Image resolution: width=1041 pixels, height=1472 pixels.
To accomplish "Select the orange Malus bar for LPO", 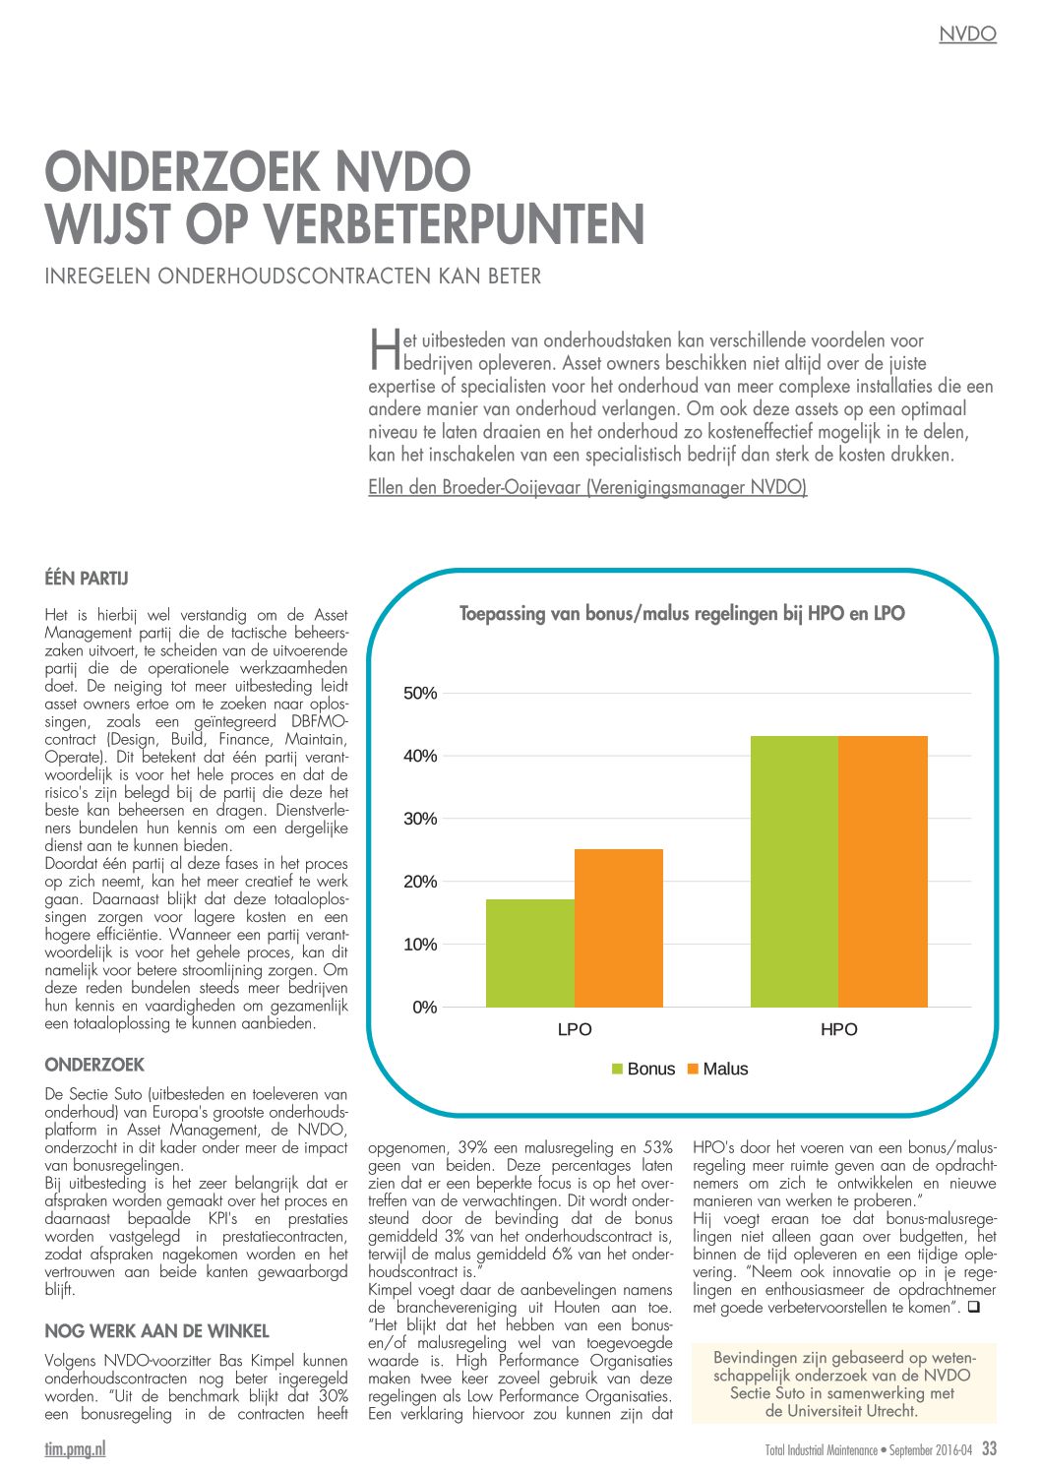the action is pyautogui.click(x=619, y=928).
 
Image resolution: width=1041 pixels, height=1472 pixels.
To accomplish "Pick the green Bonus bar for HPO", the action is pyautogui.click(x=795, y=872).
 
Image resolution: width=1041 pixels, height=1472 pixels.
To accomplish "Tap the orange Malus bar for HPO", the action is pyautogui.click(x=884, y=872).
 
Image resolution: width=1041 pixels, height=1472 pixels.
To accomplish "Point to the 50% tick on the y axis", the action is pyautogui.click(x=420, y=694).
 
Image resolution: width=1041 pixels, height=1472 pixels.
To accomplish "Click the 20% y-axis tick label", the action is pyautogui.click(x=420, y=882).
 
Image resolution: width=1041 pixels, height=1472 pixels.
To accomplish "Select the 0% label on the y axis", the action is pyautogui.click(x=424, y=1008).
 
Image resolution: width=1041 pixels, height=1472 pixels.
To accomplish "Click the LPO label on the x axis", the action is pyautogui.click(x=575, y=1030).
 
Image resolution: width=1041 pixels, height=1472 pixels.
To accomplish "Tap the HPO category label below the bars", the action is pyautogui.click(x=839, y=1030).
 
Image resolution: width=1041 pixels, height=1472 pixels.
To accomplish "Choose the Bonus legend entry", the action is pyautogui.click(x=643, y=1070).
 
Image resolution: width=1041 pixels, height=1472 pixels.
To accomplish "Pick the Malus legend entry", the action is pyautogui.click(x=717, y=1070).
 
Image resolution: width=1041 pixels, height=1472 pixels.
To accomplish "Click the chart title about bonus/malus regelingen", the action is pyautogui.click(x=682, y=614).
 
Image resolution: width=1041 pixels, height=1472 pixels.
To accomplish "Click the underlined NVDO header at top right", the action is pyautogui.click(x=967, y=34).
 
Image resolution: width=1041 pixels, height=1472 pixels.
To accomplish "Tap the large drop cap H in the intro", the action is pyautogui.click(x=385, y=349).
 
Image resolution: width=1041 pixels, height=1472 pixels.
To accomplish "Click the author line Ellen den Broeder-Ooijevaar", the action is pyautogui.click(x=587, y=488).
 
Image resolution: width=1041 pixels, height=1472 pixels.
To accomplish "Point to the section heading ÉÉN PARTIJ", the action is pyautogui.click(x=87, y=579).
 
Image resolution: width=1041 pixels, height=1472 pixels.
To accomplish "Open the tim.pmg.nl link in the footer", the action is pyautogui.click(x=75, y=1449).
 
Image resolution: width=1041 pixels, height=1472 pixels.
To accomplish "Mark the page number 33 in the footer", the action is pyautogui.click(x=989, y=1448).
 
